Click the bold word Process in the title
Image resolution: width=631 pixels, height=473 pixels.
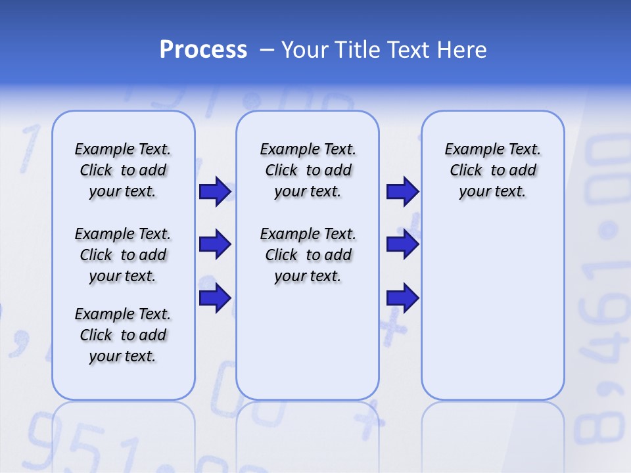pyautogui.click(x=203, y=50)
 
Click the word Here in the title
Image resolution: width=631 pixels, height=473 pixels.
pyautogui.click(x=463, y=50)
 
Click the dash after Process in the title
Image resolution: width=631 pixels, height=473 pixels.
pyautogui.click(x=267, y=51)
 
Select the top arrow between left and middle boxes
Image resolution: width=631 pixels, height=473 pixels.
pyautogui.click(x=215, y=191)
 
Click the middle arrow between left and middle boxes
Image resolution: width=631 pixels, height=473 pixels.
pyautogui.click(x=215, y=244)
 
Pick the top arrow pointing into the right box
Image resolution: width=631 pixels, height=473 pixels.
pyautogui.click(x=402, y=191)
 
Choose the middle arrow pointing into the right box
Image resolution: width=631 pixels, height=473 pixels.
pyautogui.click(x=402, y=244)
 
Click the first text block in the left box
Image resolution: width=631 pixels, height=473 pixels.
pyautogui.click(x=123, y=170)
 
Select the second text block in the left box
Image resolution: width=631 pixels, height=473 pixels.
pyautogui.click(x=123, y=255)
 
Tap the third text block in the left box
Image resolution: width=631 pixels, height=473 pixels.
pyautogui.click(x=123, y=335)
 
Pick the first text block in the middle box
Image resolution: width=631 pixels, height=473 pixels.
pyautogui.click(x=308, y=170)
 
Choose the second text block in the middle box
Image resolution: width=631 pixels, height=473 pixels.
pyautogui.click(x=308, y=255)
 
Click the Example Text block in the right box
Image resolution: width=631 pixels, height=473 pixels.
pyautogui.click(x=492, y=170)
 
